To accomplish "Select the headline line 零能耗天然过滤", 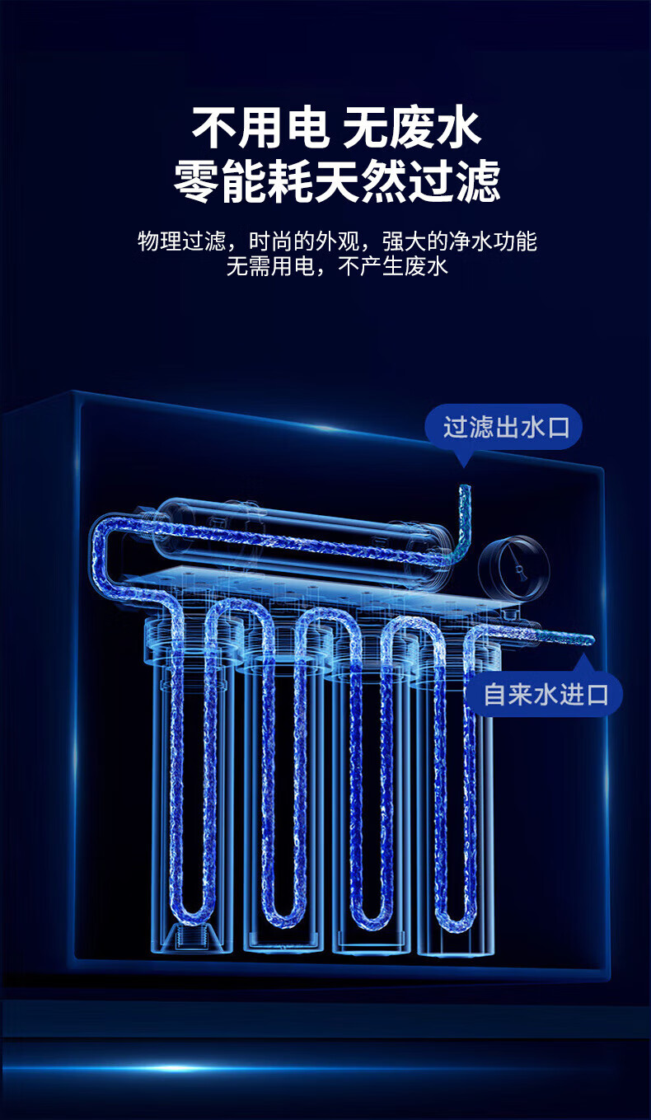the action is click(x=336, y=181).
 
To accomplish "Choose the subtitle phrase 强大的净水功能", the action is click(x=459, y=242).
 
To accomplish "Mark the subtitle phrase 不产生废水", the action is click(x=394, y=266).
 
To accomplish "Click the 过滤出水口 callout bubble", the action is click(x=503, y=428).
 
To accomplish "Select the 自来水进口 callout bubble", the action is click(x=546, y=694).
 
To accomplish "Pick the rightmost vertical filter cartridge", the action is click(x=455, y=791).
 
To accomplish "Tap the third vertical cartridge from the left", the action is click(x=370, y=791).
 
